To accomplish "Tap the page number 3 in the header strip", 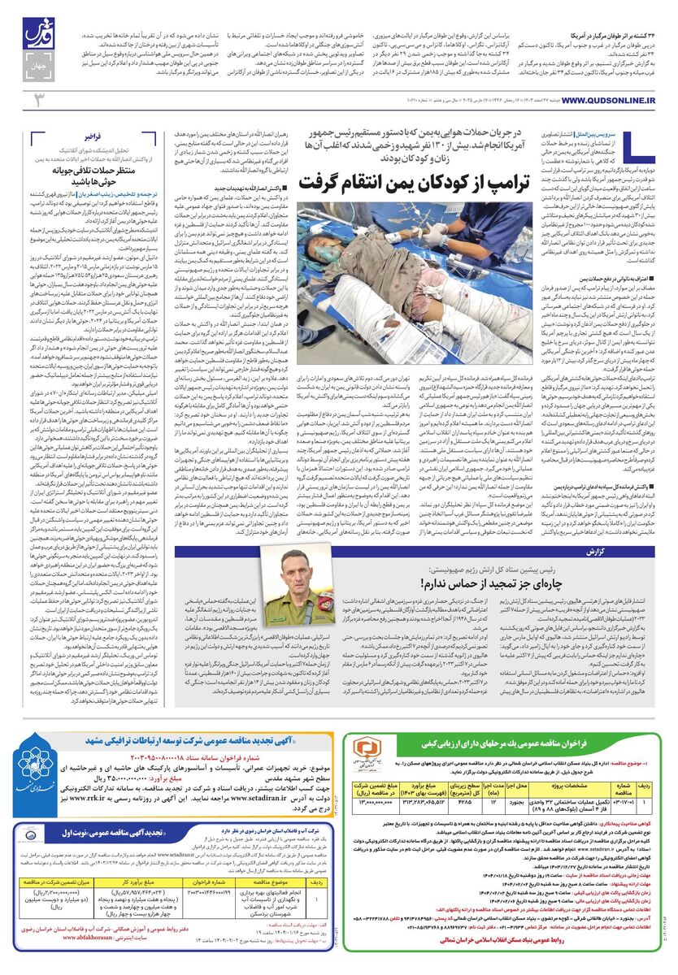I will click(37, 99).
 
